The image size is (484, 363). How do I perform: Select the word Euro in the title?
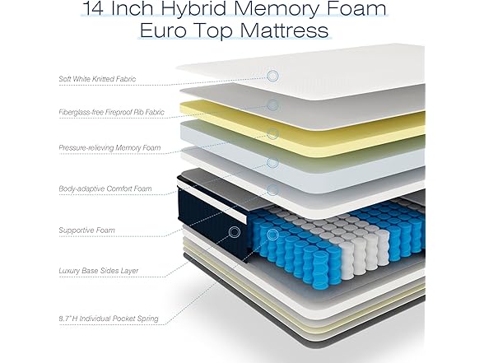click(x=165, y=31)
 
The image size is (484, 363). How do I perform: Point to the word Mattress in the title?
click(x=284, y=31)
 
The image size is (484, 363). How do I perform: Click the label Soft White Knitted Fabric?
click(x=97, y=79)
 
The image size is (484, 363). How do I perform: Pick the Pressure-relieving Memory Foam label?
click(x=109, y=148)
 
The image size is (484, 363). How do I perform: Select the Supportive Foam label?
click(x=86, y=230)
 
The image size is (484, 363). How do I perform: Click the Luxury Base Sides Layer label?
click(x=98, y=271)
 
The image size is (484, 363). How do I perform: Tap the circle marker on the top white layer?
click(x=272, y=76)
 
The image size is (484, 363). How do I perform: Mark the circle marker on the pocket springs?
click(x=272, y=235)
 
